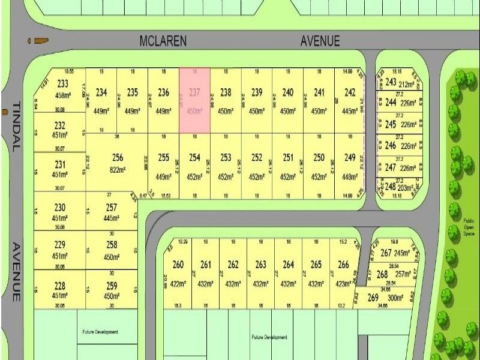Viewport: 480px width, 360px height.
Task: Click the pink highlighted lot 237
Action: point(194,101)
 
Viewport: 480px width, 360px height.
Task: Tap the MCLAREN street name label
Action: point(163,41)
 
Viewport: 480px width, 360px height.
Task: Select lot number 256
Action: point(118,158)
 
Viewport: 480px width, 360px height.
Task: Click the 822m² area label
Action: point(118,170)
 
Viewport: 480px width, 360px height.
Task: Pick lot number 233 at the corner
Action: point(62,84)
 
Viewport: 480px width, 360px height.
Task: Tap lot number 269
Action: point(373,298)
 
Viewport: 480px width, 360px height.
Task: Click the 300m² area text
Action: point(395,298)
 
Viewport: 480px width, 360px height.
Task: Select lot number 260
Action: point(178,265)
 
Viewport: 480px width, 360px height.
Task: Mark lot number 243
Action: point(391,82)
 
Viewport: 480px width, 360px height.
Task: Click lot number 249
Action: point(350,158)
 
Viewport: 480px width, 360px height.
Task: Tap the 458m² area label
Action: point(63,95)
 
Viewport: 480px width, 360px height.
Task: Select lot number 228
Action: point(60,286)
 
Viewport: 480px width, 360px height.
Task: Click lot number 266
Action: point(343,265)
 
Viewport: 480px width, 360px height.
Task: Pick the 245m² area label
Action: point(402,253)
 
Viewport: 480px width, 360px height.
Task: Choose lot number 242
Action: point(350,92)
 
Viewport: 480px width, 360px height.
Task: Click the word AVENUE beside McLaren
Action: point(320,41)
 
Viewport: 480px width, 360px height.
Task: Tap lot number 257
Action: point(111,207)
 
